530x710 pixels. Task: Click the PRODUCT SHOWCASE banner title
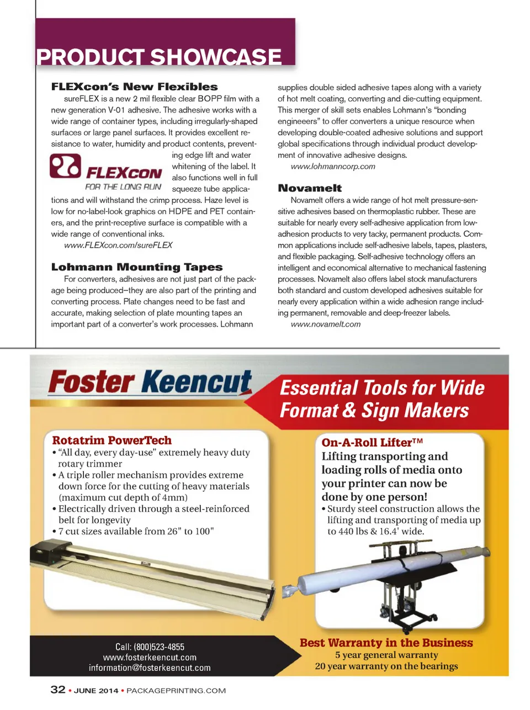click(159, 57)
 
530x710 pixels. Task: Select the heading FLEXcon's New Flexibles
click(134, 87)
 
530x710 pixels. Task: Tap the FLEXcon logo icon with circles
click(65, 166)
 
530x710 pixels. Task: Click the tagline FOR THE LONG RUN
click(123, 187)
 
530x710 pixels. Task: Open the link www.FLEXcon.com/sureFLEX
click(118, 245)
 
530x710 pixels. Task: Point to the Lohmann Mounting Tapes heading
click(136, 267)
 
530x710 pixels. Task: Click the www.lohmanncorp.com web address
click(332, 166)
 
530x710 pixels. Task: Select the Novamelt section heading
click(310, 188)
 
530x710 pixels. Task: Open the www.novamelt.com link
click(325, 324)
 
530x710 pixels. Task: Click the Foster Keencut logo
click(150, 382)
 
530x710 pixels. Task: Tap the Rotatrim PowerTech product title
click(112, 440)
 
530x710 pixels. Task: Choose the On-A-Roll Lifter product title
click(372, 442)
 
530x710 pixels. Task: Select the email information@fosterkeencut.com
click(150, 668)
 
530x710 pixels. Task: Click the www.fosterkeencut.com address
click(150, 657)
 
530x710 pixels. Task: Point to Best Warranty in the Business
click(386, 643)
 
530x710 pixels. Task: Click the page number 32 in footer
click(58, 690)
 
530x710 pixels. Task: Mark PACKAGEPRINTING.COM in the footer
click(176, 691)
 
